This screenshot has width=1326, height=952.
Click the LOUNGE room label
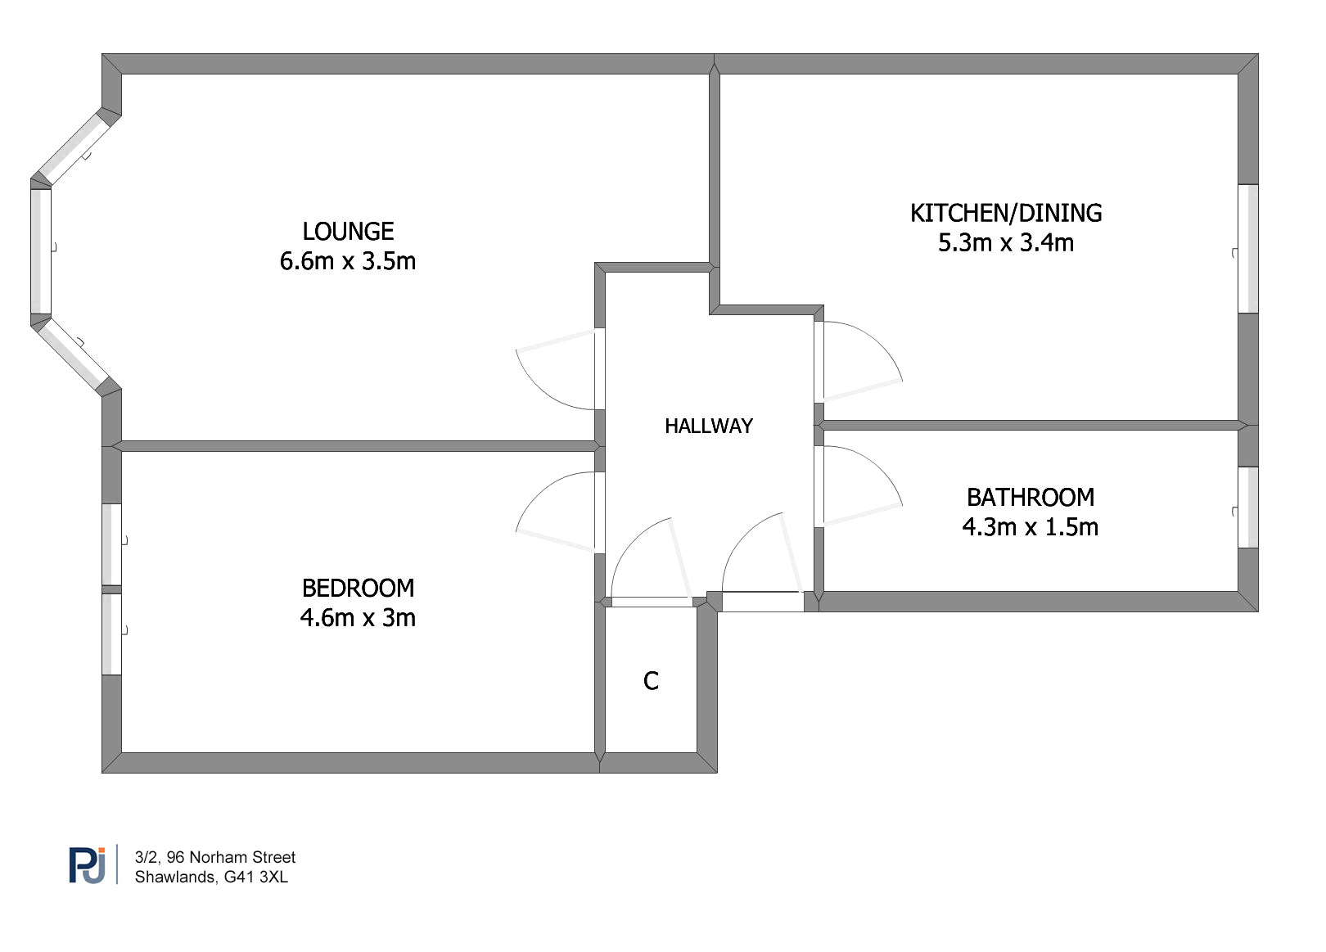pos(348,232)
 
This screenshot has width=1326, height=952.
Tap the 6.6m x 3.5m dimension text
pos(348,261)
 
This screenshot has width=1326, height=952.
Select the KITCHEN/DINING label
pos(1006,213)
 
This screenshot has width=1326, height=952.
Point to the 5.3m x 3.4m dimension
pos(1006,243)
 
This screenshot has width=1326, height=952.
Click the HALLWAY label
pos(709,426)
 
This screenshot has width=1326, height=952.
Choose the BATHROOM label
pos(1031,498)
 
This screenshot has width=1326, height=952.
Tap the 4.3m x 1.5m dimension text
pos(1031,527)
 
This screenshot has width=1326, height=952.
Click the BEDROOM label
pos(359,589)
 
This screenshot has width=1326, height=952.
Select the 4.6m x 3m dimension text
pos(359,618)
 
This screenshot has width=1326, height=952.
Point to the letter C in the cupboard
pos(652,681)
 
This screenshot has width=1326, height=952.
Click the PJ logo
pos(88,865)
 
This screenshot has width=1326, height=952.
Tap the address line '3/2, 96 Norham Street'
pos(215,857)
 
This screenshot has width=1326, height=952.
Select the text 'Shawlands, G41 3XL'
pos(211,877)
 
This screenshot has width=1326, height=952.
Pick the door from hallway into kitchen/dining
pos(859,361)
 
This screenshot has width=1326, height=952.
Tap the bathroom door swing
pos(859,485)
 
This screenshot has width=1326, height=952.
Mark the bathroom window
pos(1248,508)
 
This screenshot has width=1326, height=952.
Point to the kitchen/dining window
pos(1248,249)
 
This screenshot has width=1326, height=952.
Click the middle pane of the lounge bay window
pos(41,251)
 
